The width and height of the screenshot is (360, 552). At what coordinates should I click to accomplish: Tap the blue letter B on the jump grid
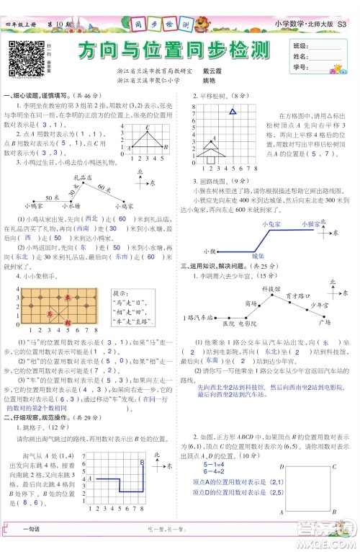pyautogui.click(x=142, y=462)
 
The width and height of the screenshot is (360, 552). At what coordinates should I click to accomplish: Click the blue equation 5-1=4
pyautogui.click(x=213, y=466)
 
